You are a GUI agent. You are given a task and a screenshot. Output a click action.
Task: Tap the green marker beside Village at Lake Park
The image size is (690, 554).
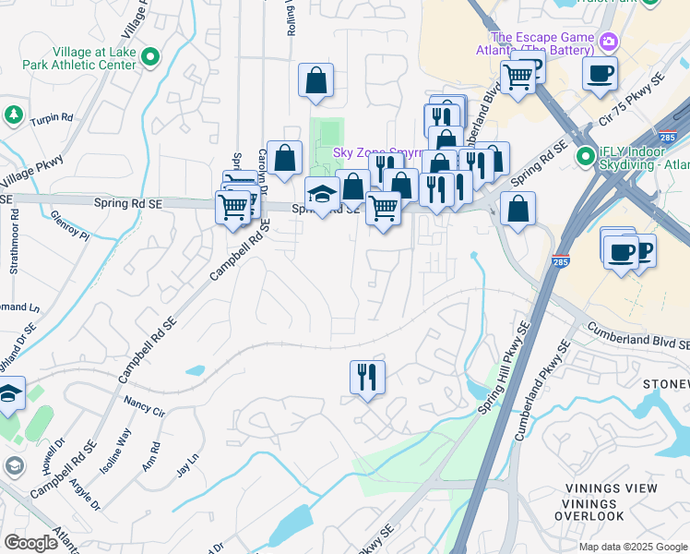pyautogui.click(x=150, y=57)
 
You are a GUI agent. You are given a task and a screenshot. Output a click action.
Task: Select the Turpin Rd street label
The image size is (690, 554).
pyautogui.click(x=52, y=118)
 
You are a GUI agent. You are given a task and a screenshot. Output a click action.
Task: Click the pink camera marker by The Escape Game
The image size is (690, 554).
pyautogui.click(x=608, y=42)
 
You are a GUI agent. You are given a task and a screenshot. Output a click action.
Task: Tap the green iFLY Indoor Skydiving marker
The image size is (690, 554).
pyautogui.click(x=584, y=157)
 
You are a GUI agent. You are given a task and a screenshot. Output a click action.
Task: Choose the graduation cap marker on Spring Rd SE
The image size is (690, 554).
pyautogui.click(x=321, y=196)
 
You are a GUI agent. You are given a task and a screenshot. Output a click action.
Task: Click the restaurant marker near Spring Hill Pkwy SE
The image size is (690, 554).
pyautogui.click(x=367, y=377)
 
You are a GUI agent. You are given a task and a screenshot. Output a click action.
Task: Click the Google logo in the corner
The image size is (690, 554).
pyautogui.click(x=30, y=543)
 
